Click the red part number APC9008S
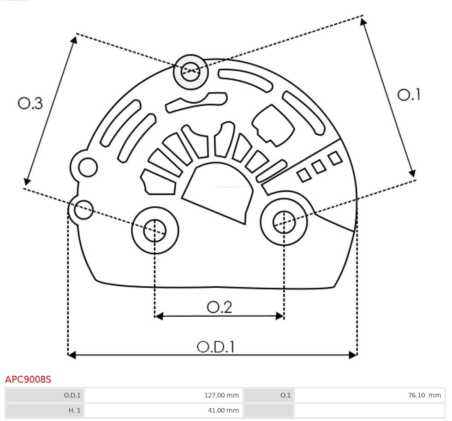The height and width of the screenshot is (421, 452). click(x=28, y=379)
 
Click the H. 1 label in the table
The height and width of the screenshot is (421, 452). click(x=74, y=410)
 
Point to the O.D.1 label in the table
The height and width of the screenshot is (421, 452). click(x=72, y=395)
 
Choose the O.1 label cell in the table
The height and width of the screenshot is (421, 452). click(x=285, y=395)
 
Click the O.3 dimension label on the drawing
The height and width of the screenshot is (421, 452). click(x=30, y=103)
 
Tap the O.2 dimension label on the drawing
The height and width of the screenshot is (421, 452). click(x=220, y=307)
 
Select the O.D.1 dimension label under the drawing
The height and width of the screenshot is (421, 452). click(x=215, y=347)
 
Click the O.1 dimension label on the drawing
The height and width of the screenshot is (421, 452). click(x=409, y=95)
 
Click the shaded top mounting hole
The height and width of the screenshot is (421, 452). click(x=190, y=71)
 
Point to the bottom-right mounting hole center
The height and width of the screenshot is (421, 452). click(x=284, y=223)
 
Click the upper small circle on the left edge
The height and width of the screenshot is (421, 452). click(x=88, y=168)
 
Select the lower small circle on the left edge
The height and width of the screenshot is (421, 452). click(x=83, y=210)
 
